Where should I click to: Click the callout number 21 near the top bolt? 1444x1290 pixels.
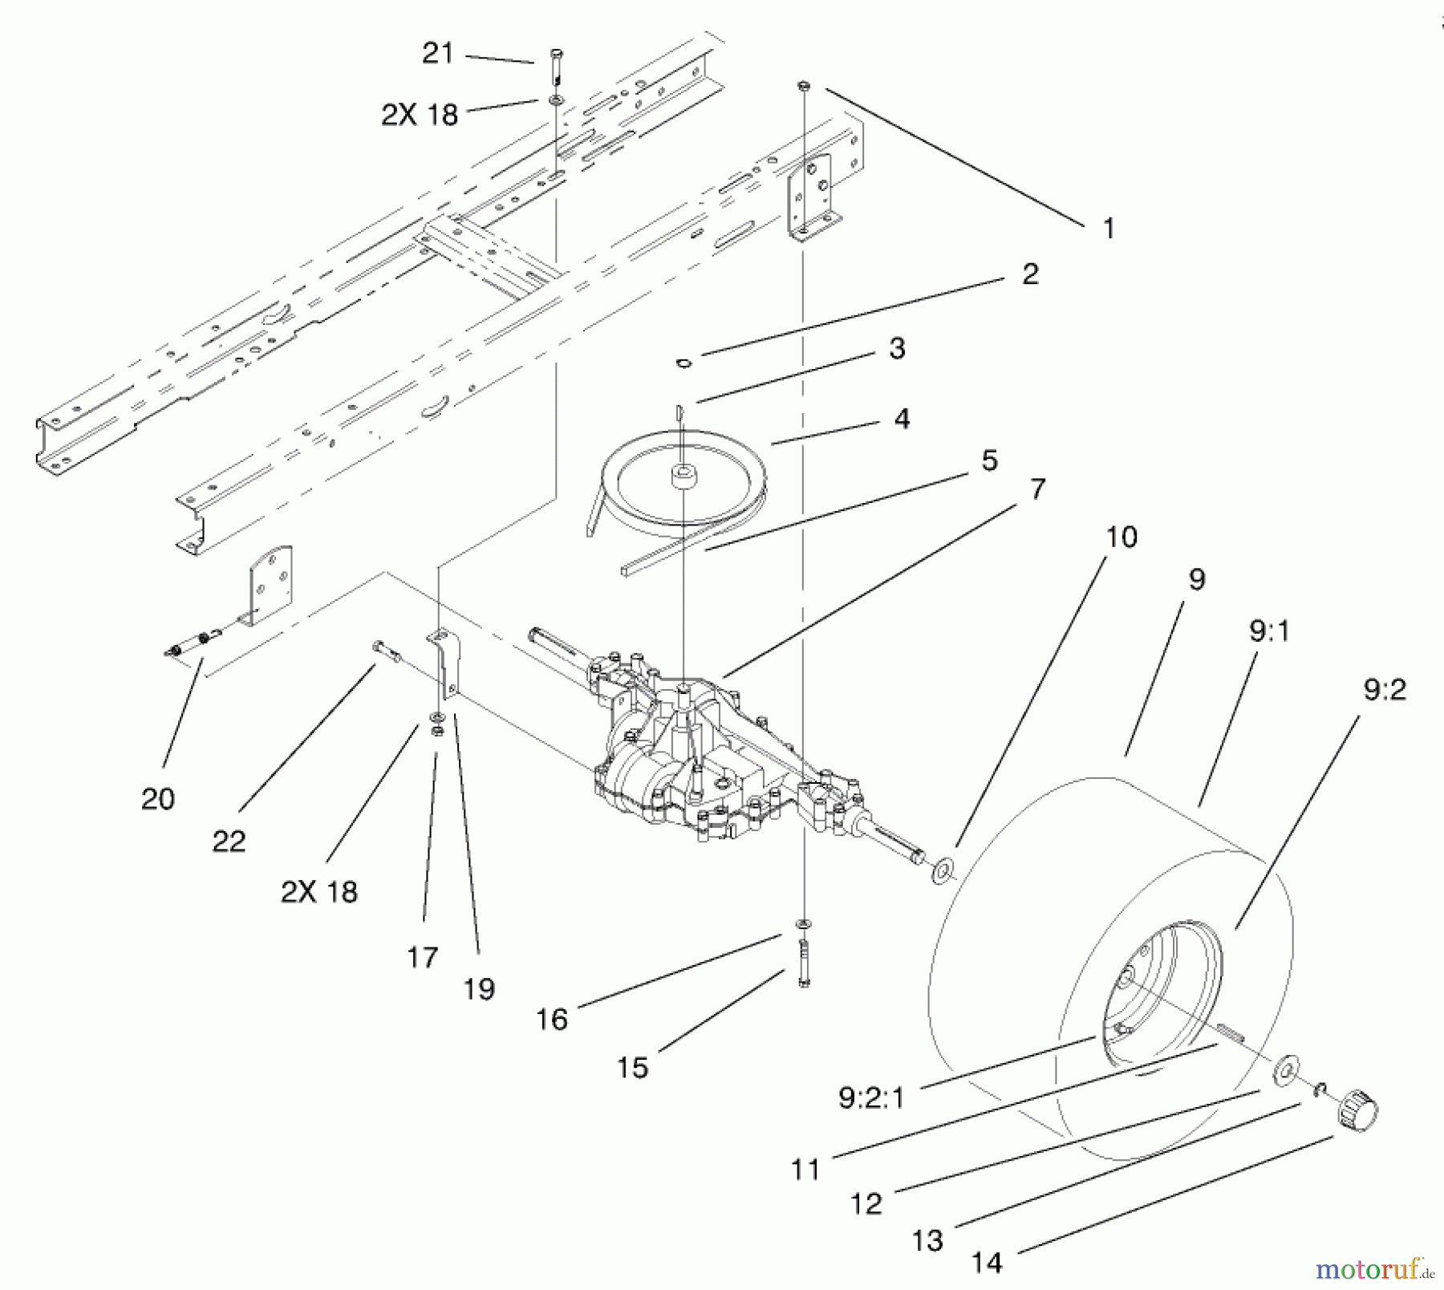point(437,54)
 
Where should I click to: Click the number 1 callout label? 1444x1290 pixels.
point(1109,229)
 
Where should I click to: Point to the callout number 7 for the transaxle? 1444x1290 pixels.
point(1038,489)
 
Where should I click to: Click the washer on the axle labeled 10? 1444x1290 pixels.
point(943,870)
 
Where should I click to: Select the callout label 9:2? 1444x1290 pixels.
point(1384,689)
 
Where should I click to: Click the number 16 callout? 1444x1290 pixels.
point(552,1019)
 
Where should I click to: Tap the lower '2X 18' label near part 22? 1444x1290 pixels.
point(318,891)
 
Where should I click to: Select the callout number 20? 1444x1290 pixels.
point(157,798)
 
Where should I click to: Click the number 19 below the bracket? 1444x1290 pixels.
point(479,989)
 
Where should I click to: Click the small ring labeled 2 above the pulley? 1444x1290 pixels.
point(683,363)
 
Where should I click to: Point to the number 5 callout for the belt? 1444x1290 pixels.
point(989,460)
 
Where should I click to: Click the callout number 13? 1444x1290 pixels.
point(927,1241)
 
